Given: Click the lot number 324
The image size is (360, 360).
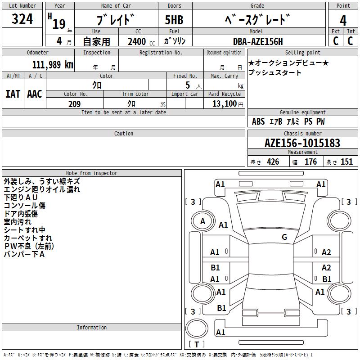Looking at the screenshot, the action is [x=22, y=19].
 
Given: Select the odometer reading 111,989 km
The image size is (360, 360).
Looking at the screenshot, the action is [x=53, y=65].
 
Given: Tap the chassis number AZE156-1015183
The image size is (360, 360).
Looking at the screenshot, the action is [x=302, y=143].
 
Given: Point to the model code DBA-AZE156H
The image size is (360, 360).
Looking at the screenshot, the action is [x=258, y=41].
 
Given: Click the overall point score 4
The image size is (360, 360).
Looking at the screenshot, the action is [x=343, y=21].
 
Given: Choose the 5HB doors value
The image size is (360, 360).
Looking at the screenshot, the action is [x=174, y=20].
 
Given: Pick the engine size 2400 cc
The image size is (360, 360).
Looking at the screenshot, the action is [x=141, y=41].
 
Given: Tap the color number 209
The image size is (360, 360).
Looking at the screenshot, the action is [x=74, y=104].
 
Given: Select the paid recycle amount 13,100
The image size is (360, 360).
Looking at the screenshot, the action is [x=228, y=104].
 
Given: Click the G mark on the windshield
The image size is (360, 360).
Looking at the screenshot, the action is [x=284, y=237].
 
